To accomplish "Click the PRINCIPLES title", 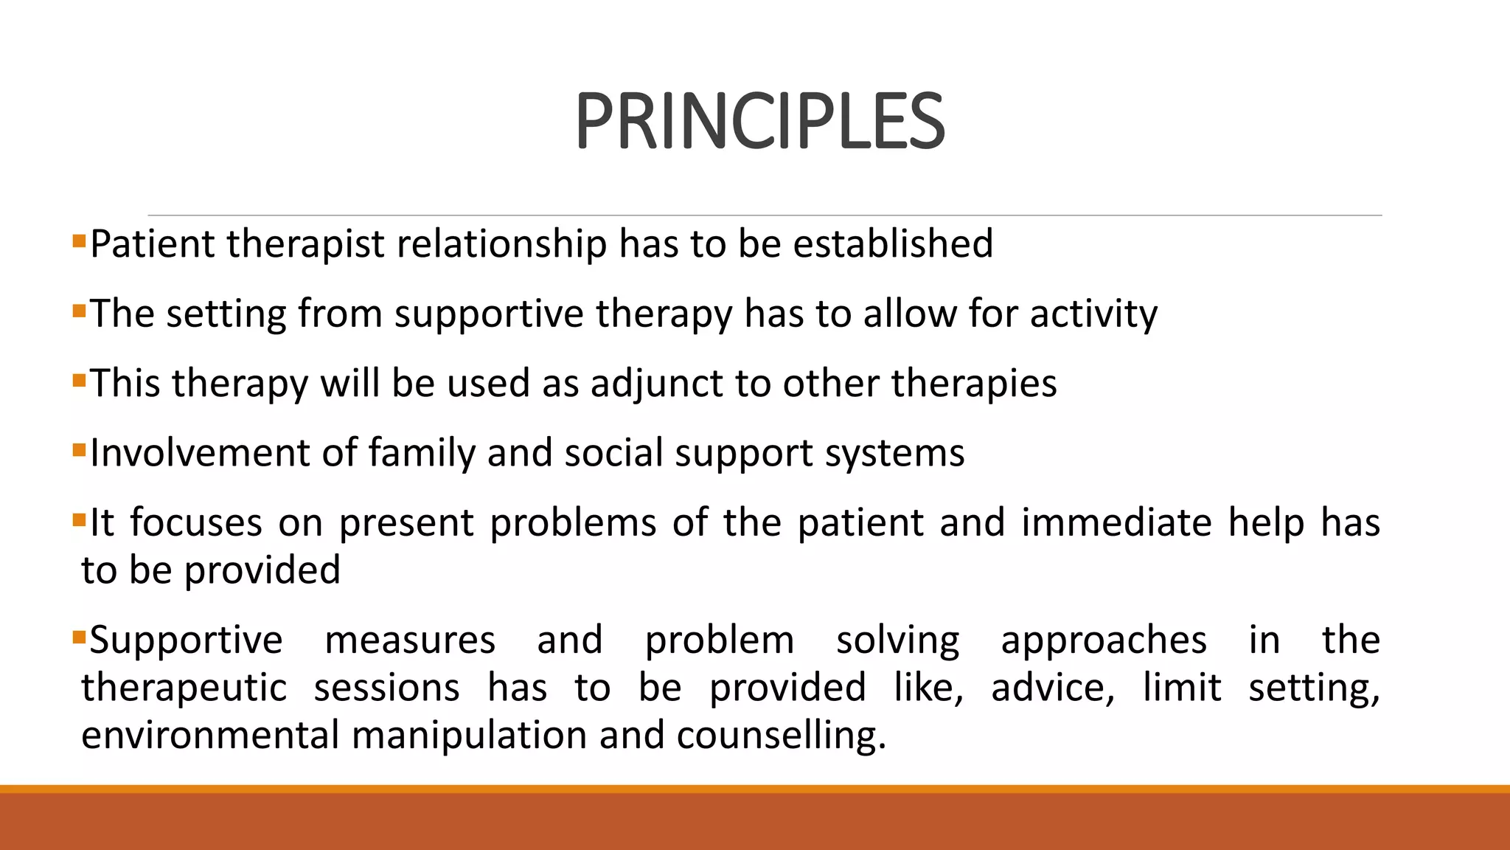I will (759, 122).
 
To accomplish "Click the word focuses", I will (196, 523).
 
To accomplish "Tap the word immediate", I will (1116, 523).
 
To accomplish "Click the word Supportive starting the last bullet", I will (186, 640).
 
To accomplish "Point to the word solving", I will (897, 640).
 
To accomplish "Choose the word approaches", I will (1104, 640).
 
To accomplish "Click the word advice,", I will (1053, 688).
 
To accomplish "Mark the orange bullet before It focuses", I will (80, 521).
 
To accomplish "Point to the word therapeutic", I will (184, 688).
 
